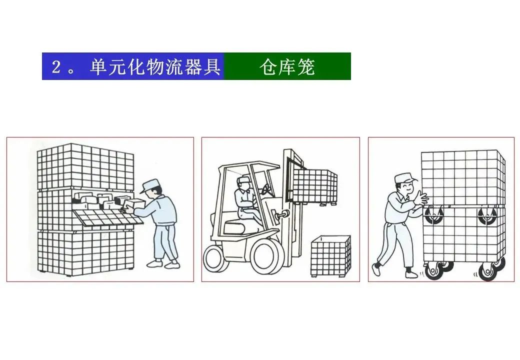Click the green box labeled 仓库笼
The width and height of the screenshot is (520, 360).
click(287, 66)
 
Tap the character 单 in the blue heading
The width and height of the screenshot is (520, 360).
click(98, 67)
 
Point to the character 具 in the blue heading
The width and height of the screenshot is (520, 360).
click(211, 67)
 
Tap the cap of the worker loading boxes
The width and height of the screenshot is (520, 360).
click(150, 186)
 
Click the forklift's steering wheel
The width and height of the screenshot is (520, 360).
click(266, 189)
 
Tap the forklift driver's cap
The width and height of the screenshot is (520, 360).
click(242, 179)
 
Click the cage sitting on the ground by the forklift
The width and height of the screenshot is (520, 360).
click(330, 255)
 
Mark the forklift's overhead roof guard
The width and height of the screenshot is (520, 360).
click(250, 165)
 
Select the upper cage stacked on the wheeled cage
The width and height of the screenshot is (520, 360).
click(462, 177)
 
